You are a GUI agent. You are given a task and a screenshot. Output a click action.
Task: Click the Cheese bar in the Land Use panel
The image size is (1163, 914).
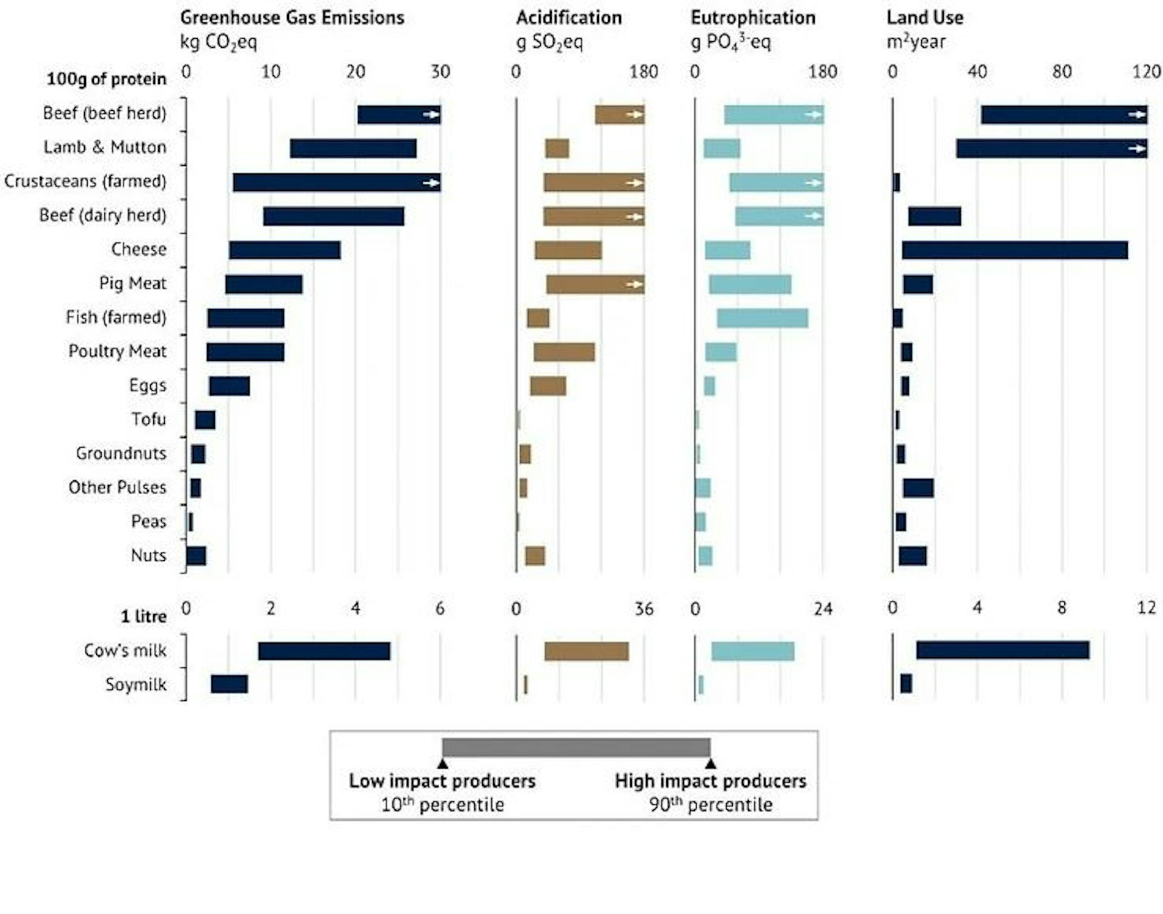1015,250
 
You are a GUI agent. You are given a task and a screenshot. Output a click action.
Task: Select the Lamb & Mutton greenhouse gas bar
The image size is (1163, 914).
353,148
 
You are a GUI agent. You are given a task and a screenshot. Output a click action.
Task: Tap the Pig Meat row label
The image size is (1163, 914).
133,283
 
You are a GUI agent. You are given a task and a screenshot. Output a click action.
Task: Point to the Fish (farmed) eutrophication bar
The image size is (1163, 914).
763,318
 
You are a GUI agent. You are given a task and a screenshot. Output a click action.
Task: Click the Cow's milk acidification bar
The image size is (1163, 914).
586,651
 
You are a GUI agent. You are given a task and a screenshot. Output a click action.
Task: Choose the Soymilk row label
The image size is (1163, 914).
136,684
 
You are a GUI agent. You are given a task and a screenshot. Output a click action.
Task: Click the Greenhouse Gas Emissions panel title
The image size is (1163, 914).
292,18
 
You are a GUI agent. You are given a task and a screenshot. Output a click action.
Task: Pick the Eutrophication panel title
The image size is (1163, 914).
753,18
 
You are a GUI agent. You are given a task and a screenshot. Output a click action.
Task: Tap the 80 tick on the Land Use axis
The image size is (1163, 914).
1061,71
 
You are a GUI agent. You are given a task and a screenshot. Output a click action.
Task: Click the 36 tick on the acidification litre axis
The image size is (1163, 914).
644,609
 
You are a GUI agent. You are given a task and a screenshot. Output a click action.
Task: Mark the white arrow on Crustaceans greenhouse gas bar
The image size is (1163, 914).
431,182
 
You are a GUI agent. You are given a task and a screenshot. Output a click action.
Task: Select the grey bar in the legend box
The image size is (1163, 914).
576,747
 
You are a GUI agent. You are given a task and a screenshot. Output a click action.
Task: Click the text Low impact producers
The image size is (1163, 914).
442,781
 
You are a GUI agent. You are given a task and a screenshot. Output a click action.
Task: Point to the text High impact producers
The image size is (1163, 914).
710,781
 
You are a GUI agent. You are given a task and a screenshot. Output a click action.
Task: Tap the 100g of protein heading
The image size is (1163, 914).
107,79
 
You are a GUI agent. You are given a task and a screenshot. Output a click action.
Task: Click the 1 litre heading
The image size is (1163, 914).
144,617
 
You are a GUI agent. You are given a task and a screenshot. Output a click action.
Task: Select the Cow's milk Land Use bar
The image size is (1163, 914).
1002,650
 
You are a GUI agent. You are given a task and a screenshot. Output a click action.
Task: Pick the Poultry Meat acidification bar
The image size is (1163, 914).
564,352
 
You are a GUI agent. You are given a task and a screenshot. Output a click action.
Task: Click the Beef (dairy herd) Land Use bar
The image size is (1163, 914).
934,216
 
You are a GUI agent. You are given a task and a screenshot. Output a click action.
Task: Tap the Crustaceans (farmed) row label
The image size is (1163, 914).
85,181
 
